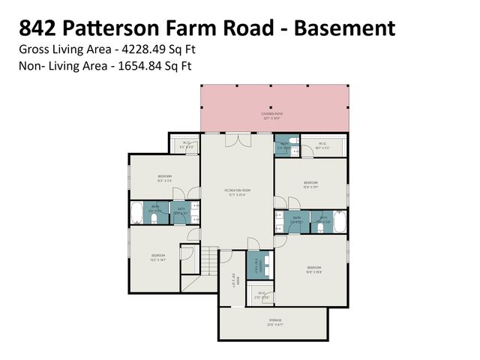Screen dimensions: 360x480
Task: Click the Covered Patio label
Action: (x=273, y=115)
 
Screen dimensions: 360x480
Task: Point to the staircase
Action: (x=206, y=263)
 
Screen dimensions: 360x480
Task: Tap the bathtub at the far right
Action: (x=340, y=222)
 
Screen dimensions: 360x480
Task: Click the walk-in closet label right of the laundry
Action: (x=262, y=295)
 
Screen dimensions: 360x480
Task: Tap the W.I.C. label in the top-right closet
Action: (x=322, y=145)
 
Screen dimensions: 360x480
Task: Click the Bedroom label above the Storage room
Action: (x=314, y=268)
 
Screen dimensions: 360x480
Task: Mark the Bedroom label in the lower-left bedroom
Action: (x=157, y=257)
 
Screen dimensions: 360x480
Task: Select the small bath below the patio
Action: (x=284, y=146)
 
